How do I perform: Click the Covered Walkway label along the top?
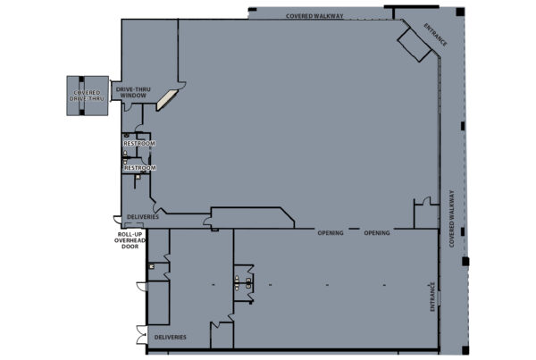[314, 16]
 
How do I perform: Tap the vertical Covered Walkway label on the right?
[452, 219]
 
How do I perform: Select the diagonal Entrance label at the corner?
[435, 35]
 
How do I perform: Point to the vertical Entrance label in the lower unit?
[432, 297]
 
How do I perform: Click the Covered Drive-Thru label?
[87, 96]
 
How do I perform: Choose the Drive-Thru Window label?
[133, 92]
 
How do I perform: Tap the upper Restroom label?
[139, 143]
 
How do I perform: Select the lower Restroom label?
[140, 168]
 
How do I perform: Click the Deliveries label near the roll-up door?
[143, 217]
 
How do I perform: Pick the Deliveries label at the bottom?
[171, 337]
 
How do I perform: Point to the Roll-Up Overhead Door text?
[130, 240]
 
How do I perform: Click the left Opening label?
[331, 233]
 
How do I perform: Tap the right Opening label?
[377, 233]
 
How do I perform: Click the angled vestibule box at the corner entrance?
[415, 45]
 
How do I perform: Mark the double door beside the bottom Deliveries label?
[141, 335]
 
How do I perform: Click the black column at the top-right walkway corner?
[460, 12]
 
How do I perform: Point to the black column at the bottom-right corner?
[465, 350]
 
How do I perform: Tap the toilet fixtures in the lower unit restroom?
[243, 283]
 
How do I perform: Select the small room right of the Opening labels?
[426, 216]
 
